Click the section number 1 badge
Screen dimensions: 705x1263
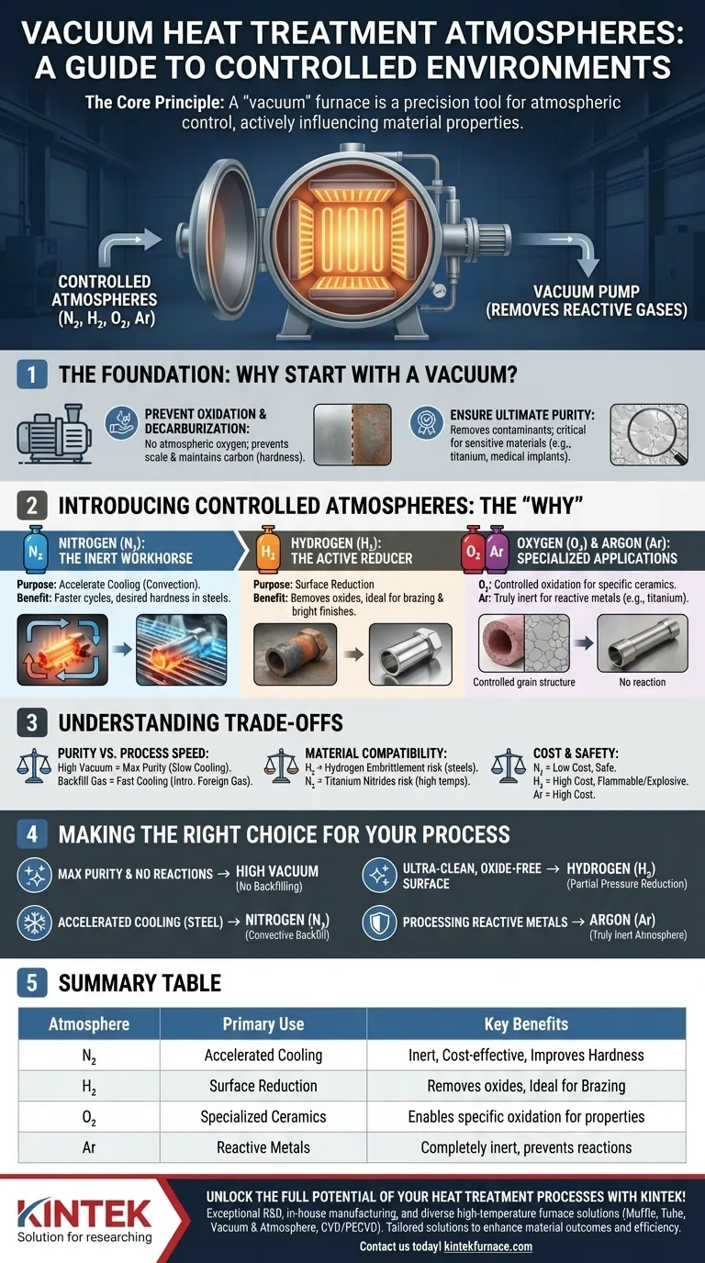(31, 374)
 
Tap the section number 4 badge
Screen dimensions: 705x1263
(31, 834)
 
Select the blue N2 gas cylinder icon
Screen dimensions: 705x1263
(35, 549)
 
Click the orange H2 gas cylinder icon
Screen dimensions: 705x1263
(267, 549)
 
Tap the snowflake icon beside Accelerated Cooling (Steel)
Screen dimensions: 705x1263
(35, 922)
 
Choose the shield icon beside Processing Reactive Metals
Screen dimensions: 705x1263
(379, 922)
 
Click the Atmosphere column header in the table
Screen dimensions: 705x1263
(89, 1024)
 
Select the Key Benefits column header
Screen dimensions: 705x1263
(526, 1024)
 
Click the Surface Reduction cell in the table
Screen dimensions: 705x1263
(263, 1085)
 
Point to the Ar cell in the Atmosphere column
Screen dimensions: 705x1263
(89, 1147)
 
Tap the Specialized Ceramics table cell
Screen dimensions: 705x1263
(263, 1116)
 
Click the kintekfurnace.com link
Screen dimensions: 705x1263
(487, 1246)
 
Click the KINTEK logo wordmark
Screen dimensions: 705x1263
(84, 1213)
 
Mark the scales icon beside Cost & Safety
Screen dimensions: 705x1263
(509, 766)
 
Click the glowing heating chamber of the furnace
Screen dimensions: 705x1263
(352, 240)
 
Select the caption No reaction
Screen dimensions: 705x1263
(643, 682)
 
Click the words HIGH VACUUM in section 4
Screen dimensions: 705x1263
(277, 871)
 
